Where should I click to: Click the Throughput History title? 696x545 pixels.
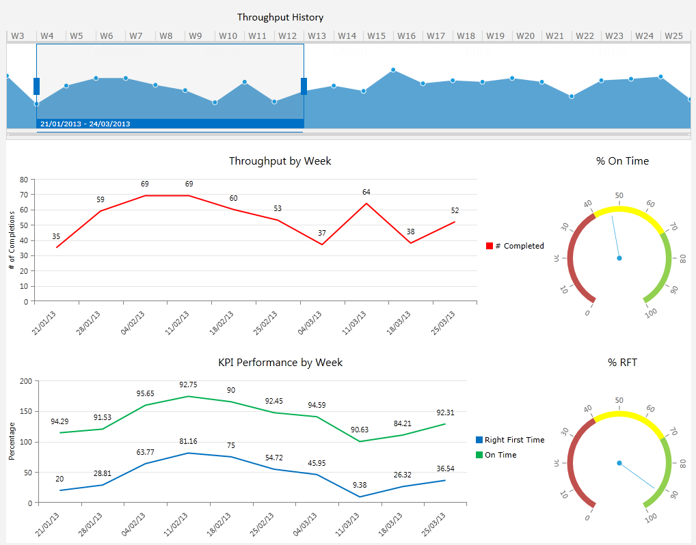tap(280, 17)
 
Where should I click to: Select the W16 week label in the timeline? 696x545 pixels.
tap(406, 36)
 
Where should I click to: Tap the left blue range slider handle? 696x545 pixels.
tap(36, 86)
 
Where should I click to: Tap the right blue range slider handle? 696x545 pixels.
tap(304, 86)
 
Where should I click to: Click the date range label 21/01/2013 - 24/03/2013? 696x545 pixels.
tap(85, 124)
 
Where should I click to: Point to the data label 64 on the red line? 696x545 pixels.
tap(366, 192)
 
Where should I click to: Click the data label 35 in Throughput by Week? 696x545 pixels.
tap(56, 237)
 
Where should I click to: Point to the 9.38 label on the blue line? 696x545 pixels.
tap(360, 485)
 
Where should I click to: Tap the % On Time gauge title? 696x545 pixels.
tap(622, 161)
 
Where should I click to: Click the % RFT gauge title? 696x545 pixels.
tap(622, 363)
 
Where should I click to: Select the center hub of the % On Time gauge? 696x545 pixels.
tap(619, 258)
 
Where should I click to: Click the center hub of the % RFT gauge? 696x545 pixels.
tap(619, 463)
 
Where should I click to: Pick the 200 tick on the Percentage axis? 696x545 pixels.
tap(25, 380)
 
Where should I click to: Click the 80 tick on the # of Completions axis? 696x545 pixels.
tap(24, 180)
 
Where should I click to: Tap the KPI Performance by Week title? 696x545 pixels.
tap(280, 363)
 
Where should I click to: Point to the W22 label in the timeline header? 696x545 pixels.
tap(585, 36)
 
